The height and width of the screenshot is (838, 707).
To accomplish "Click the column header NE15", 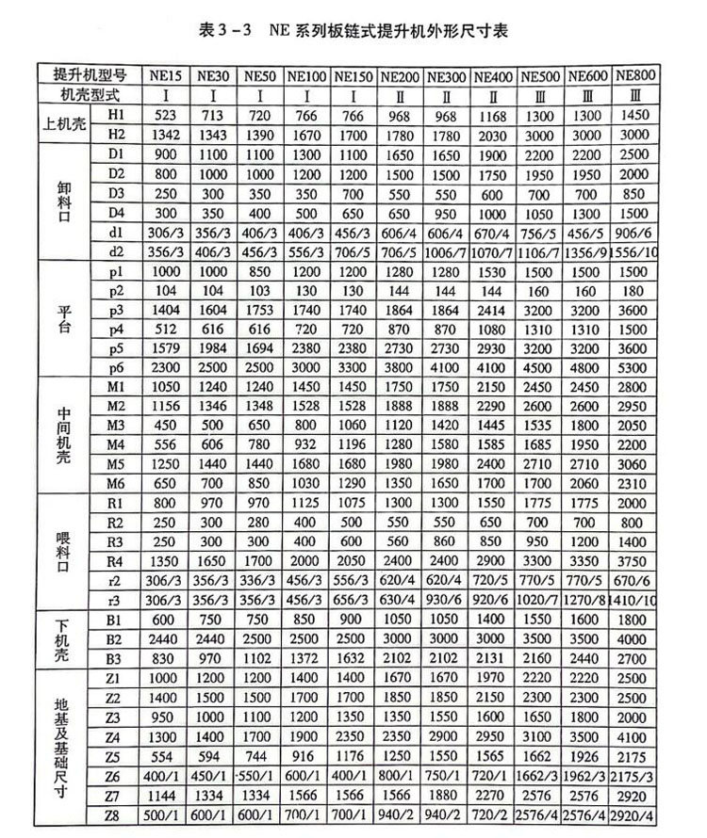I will coord(166,75).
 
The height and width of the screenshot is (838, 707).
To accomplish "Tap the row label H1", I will coord(116,114).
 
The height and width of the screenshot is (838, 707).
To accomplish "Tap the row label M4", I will coord(116,443).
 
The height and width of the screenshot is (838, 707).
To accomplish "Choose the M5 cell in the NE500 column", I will coord(541,462).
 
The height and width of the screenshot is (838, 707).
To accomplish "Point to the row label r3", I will coord(116,598).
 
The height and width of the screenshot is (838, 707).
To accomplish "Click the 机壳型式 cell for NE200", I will coord(401,94).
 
